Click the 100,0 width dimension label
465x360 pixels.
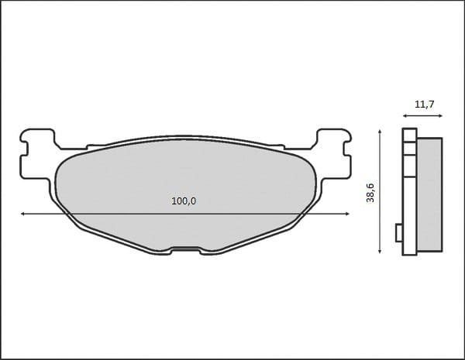[x=183, y=201]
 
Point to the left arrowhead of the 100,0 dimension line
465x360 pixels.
[x=23, y=213]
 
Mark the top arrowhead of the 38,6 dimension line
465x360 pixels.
[x=379, y=132]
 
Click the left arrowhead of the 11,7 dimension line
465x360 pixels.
[x=405, y=115]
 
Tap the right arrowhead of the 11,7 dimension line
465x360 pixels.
[x=442, y=115]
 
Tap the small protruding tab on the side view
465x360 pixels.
[x=399, y=233]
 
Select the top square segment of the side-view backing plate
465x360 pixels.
[x=409, y=134]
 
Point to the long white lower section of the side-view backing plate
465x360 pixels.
[x=409, y=209]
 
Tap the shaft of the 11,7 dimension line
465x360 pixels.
[x=423, y=115]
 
